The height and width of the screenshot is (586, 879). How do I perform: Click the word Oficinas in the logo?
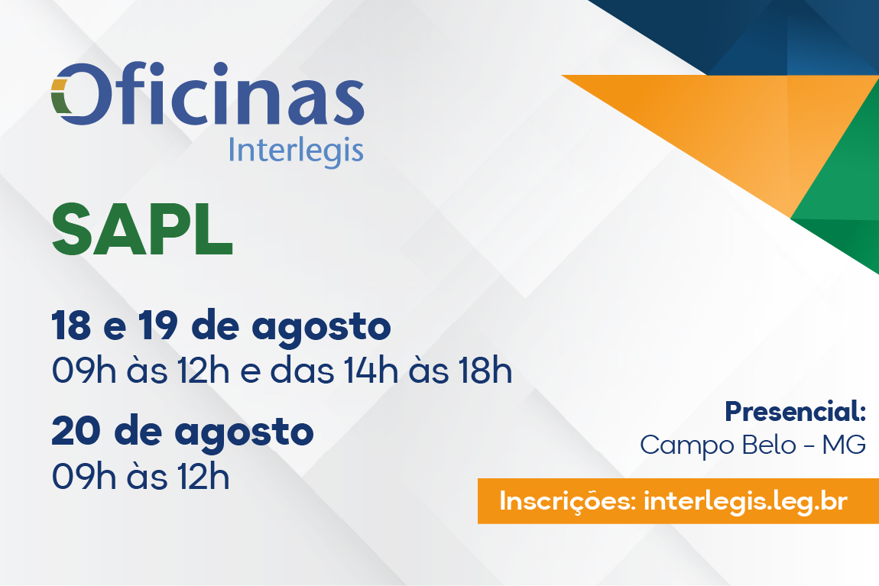coord(207,93)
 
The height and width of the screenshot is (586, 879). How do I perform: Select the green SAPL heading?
coord(142,230)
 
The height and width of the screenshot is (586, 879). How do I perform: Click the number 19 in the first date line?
coord(159,325)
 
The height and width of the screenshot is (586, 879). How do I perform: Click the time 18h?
coord(485,371)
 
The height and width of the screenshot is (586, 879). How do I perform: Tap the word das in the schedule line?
coord(302,371)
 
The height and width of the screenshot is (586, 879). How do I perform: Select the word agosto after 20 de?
coord(245,434)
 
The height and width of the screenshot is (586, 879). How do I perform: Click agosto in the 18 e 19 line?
coord(321,329)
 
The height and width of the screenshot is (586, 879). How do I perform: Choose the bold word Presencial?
coord(796,412)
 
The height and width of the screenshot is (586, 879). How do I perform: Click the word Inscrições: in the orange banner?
coord(567,501)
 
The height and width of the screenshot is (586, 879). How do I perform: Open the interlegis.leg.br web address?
coord(745,501)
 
